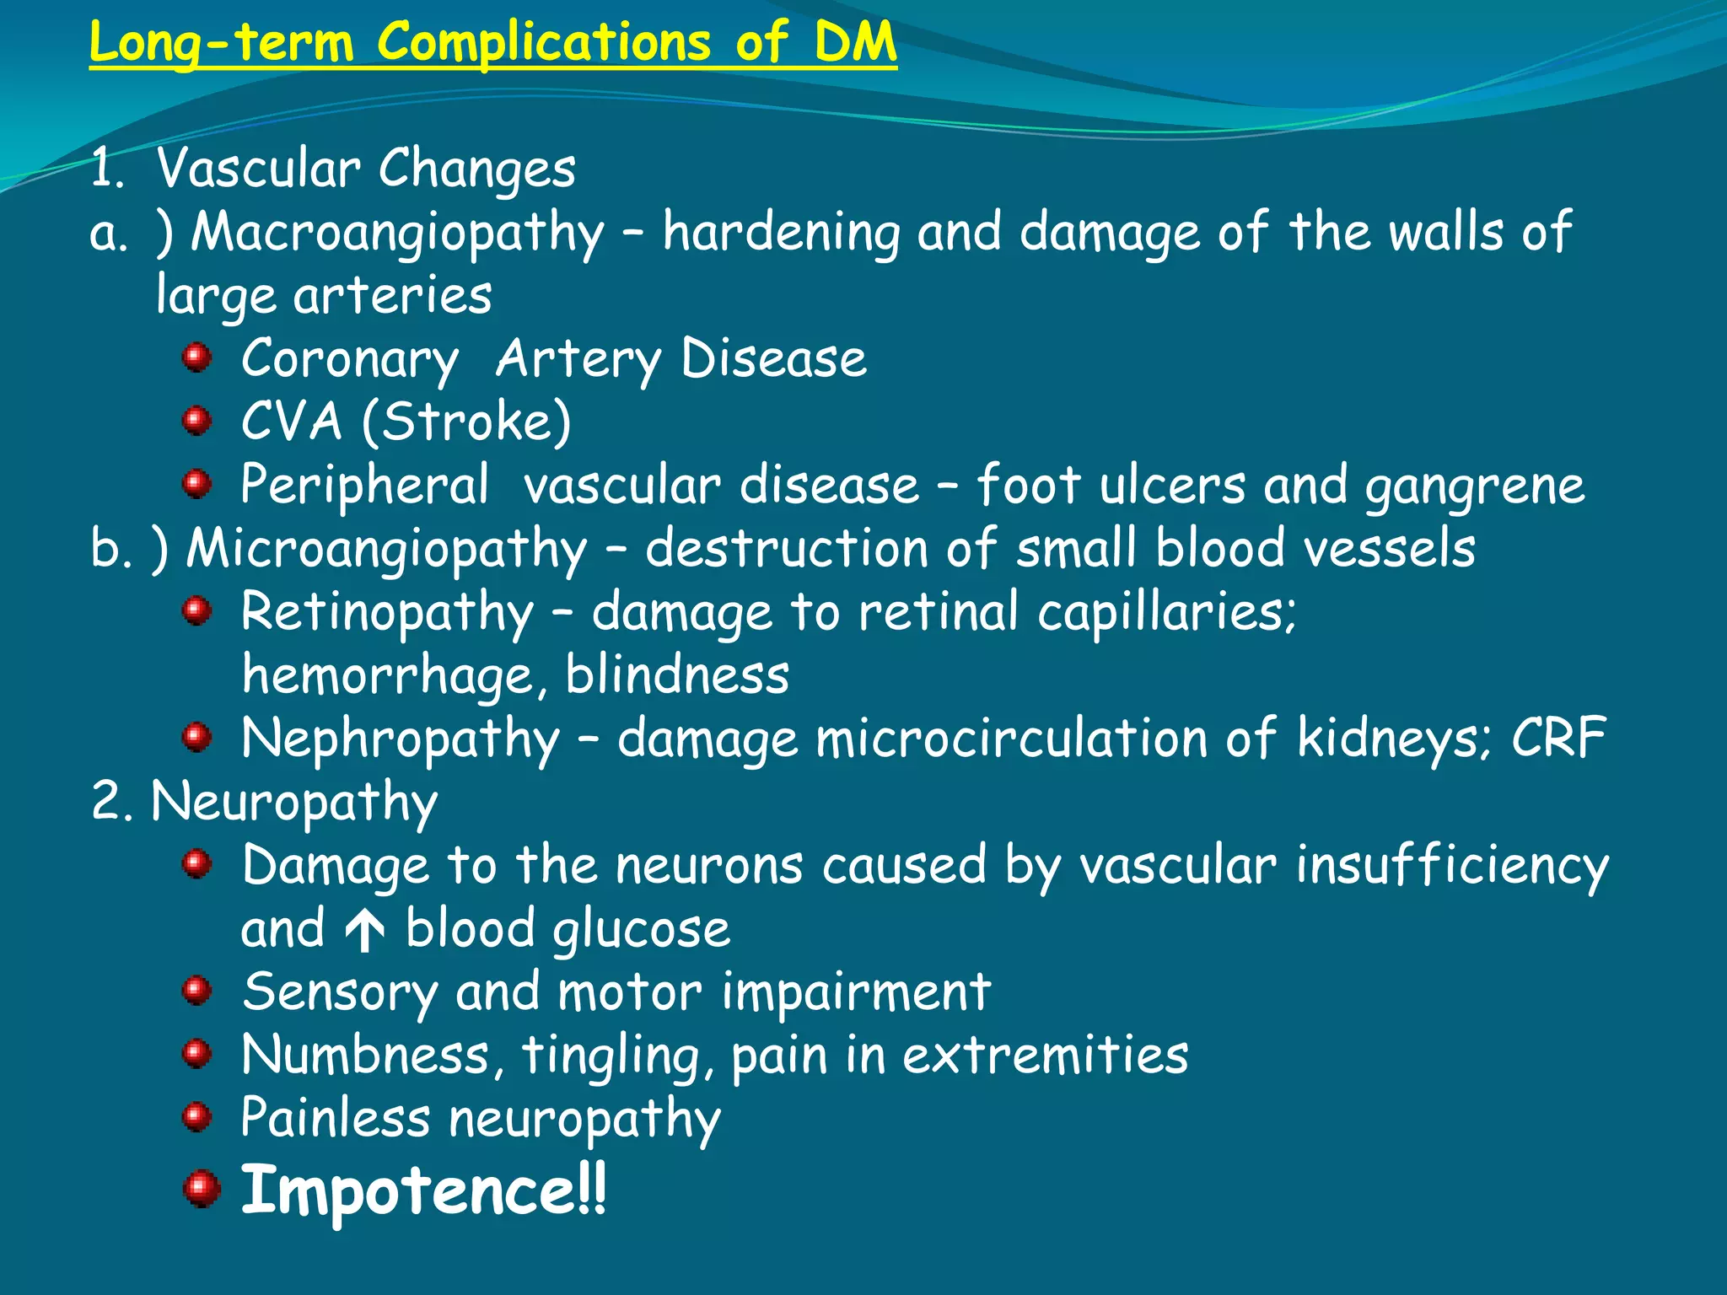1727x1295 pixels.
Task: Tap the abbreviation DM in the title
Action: click(x=854, y=42)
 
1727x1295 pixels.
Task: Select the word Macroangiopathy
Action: click(x=397, y=233)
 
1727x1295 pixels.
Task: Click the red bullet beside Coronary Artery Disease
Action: click(x=196, y=357)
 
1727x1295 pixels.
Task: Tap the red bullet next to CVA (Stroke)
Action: click(x=196, y=420)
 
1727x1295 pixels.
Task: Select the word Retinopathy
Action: click(x=387, y=613)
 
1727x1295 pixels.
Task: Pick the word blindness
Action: click(x=677, y=675)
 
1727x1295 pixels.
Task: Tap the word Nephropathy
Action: click(x=401, y=739)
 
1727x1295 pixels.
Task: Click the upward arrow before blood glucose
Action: click(x=365, y=931)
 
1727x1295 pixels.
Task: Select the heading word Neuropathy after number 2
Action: click(x=294, y=803)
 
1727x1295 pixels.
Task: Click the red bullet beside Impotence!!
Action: click(x=201, y=1189)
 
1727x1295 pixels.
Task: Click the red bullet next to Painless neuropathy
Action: click(x=196, y=1118)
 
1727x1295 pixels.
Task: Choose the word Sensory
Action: click(x=339, y=992)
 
